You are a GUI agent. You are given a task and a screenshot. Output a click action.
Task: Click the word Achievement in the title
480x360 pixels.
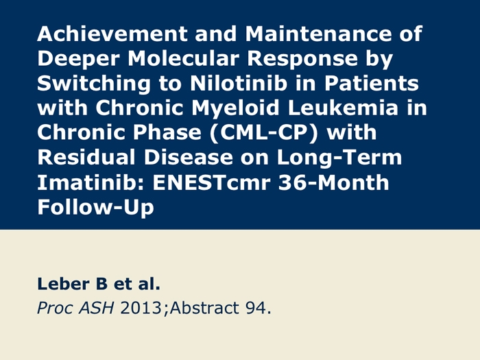pos(112,34)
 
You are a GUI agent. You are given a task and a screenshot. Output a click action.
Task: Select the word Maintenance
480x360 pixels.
pos(318,34)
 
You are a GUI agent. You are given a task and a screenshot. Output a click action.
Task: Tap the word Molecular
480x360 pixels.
pos(183,58)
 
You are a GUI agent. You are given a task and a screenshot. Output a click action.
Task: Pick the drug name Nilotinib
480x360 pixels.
pos(239,83)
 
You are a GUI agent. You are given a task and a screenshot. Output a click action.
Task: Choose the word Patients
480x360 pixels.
pos(372,83)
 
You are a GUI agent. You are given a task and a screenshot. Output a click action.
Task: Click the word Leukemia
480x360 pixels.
pos(343,108)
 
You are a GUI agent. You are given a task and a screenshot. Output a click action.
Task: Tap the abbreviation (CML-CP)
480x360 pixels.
pos(264,133)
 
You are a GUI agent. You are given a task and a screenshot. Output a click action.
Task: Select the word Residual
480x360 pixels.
pos(86,157)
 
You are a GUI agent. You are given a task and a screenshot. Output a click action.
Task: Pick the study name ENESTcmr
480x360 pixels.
pos(211,182)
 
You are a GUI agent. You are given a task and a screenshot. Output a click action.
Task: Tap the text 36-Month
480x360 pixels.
pos(334,182)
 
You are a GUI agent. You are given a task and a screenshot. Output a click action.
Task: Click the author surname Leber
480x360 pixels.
pos(64,283)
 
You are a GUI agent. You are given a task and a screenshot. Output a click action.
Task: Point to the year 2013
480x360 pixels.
pos(141,308)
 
